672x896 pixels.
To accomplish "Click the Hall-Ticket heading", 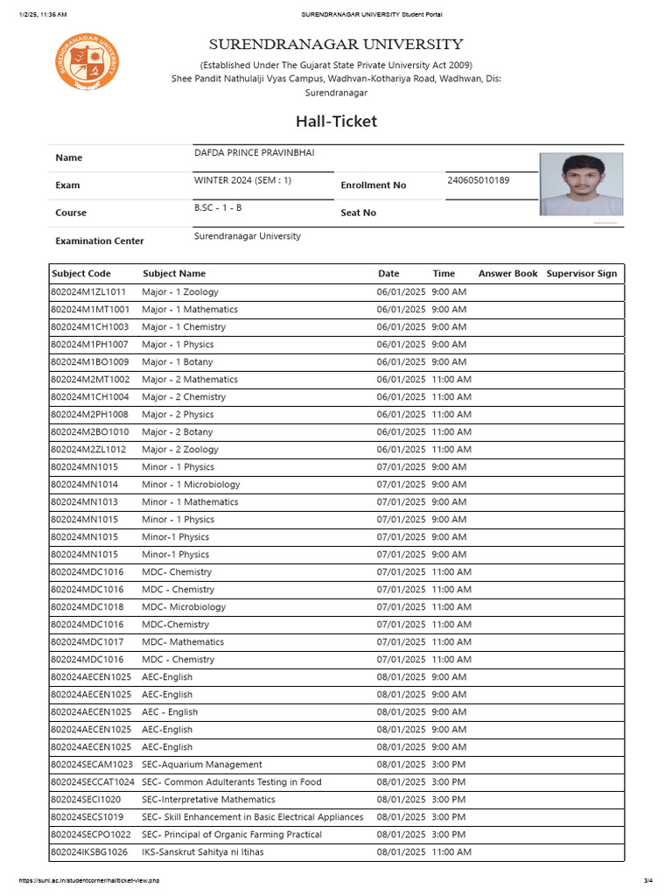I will point(336,121).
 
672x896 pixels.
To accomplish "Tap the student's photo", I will point(582,185).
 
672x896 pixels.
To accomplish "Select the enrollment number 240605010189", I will point(478,180).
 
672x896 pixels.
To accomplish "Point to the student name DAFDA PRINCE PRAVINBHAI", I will point(254,153).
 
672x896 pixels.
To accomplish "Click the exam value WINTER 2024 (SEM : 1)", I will point(242,180).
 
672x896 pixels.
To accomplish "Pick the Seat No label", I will point(358,213).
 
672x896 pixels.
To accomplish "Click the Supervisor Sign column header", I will point(581,273).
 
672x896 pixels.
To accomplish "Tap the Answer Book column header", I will point(507,273).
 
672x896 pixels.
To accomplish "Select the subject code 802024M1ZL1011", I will point(88,292).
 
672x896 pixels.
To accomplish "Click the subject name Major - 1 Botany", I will point(178,362).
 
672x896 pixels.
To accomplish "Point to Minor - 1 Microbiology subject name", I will point(191,485).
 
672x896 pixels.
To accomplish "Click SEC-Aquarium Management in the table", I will point(202,765).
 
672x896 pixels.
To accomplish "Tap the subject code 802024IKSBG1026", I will point(89,852).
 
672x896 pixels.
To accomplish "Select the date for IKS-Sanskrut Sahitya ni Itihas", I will point(401,852).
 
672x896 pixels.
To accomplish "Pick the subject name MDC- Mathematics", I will point(183,642).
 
